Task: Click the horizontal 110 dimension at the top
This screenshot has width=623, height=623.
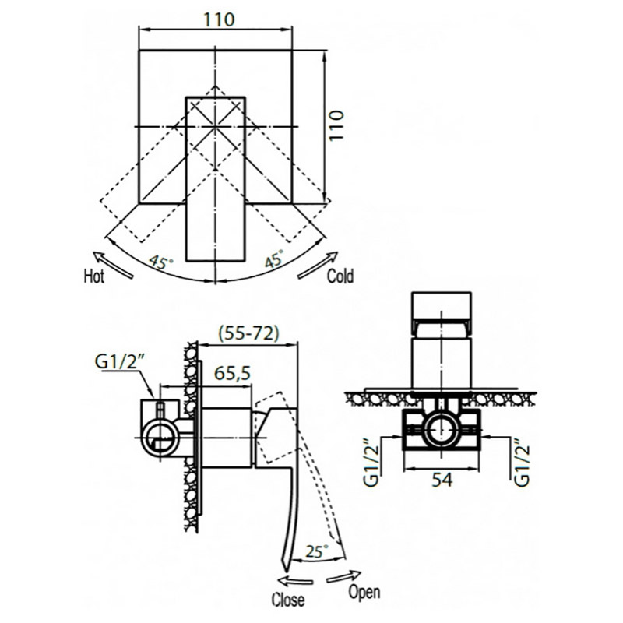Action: pyautogui.click(x=219, y=19)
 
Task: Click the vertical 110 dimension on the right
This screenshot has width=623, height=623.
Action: pyautogui.click(x=336, y=125)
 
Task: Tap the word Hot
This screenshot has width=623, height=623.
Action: pyautogui.click(x=93, y=276)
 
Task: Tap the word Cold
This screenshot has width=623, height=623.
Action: pyautogui.click(x=340, y=276)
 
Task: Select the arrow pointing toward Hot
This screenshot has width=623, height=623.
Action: pyautogui.click(x=113, y=265)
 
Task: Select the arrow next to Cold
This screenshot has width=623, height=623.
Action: pyautogui.click(x=318, y=265)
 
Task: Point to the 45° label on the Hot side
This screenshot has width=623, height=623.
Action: pyautogui.click(x=161, y=262)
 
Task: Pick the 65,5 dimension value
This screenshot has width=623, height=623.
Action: pyautogui.click(x=232, y=373)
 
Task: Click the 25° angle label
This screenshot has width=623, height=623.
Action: pyautogui.click(x=317, y=551)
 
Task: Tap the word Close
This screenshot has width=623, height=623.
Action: pyautogui.click(x=288, y=600)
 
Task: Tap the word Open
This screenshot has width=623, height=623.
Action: pyautogui.click(x=364, y=592)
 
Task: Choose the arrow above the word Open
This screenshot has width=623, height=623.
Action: pyautogui.click(x=343, y=576)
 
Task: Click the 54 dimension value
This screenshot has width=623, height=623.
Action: pyautogui.click(x=442, y=480)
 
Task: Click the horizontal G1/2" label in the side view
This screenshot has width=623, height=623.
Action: pyautogui.click(x=119, y=361)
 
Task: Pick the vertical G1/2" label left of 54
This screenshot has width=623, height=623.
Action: pyautogui.click(x=371, y=463)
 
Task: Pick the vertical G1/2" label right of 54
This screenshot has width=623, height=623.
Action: pyautogui.click(x=522, y=463)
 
